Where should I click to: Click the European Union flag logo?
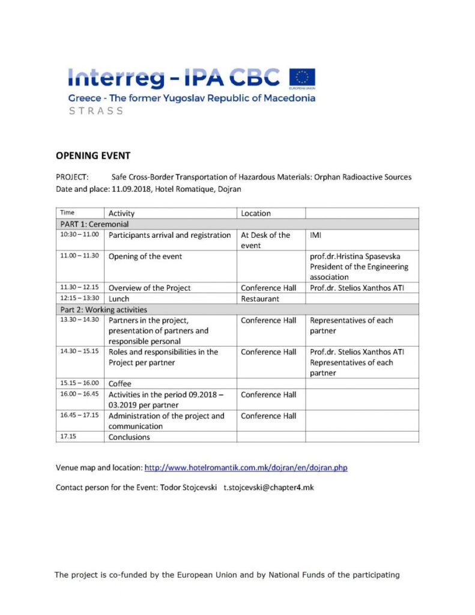[302, 79]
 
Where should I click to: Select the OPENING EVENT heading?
[93, 156]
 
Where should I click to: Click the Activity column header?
[121, 213]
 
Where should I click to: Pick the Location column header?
[256, 213]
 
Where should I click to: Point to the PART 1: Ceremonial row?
[94, 224]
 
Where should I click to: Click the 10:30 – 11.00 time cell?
[79, 235]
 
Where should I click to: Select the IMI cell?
[316, 235]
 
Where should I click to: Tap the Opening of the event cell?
[145, 256]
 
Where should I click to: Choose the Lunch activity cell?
[119, 298]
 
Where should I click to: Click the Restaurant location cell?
[260, 298]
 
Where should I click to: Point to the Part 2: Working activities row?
[103, 309]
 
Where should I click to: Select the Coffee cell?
[120, 384]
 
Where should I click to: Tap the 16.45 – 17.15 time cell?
[79, 416]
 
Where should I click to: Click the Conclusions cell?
[129, 437]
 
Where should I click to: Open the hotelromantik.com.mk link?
[246, 467]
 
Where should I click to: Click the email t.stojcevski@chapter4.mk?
[268, 487]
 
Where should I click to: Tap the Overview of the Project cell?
[150, 288]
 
